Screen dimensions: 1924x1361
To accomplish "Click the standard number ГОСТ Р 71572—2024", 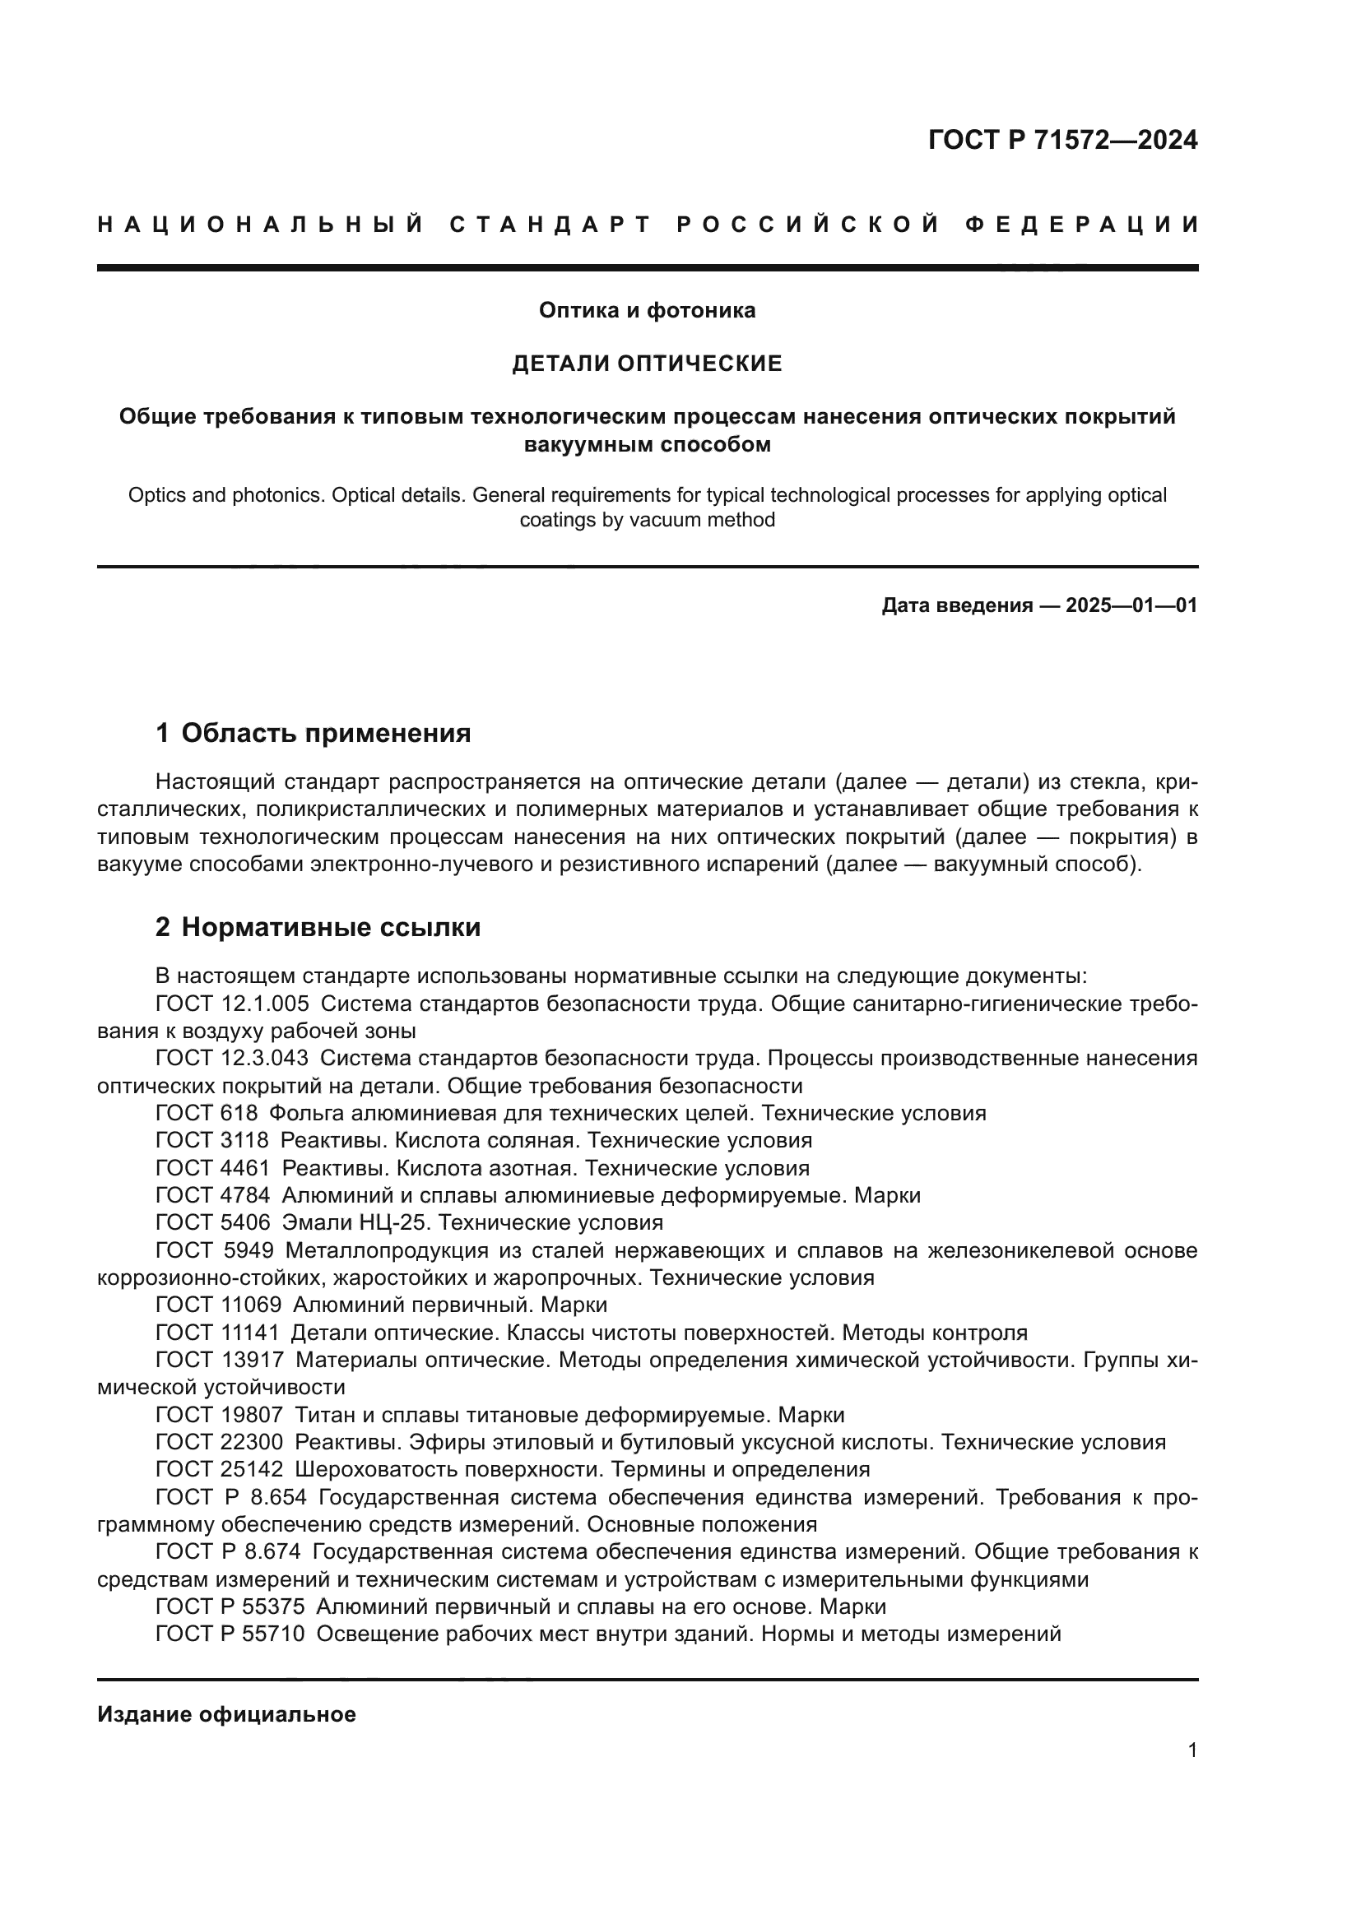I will (1061, 140).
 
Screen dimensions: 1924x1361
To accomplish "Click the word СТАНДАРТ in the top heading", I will (550, 225).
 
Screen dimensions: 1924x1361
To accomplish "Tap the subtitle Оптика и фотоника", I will (647, 311).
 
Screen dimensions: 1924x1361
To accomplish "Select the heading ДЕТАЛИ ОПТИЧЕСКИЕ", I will (647, 364).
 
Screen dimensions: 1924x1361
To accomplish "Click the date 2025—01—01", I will (1131, 605).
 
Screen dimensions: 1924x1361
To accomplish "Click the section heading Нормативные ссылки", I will (330, 928).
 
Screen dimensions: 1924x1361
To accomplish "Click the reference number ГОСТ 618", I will (207, 1114).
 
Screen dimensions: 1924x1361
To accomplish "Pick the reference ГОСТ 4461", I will (213, 1168).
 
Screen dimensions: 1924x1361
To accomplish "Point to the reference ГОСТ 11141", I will (217, 1333).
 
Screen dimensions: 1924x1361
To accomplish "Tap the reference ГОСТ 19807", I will (219, 1416).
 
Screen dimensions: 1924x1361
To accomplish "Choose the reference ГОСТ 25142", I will (219, 1470).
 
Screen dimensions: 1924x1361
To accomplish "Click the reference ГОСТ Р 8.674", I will (228, 1552).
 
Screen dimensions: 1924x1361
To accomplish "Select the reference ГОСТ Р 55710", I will (230, 1634).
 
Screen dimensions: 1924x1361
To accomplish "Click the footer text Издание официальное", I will (226, 1714).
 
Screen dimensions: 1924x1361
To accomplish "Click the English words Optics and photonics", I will (225, 495).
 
